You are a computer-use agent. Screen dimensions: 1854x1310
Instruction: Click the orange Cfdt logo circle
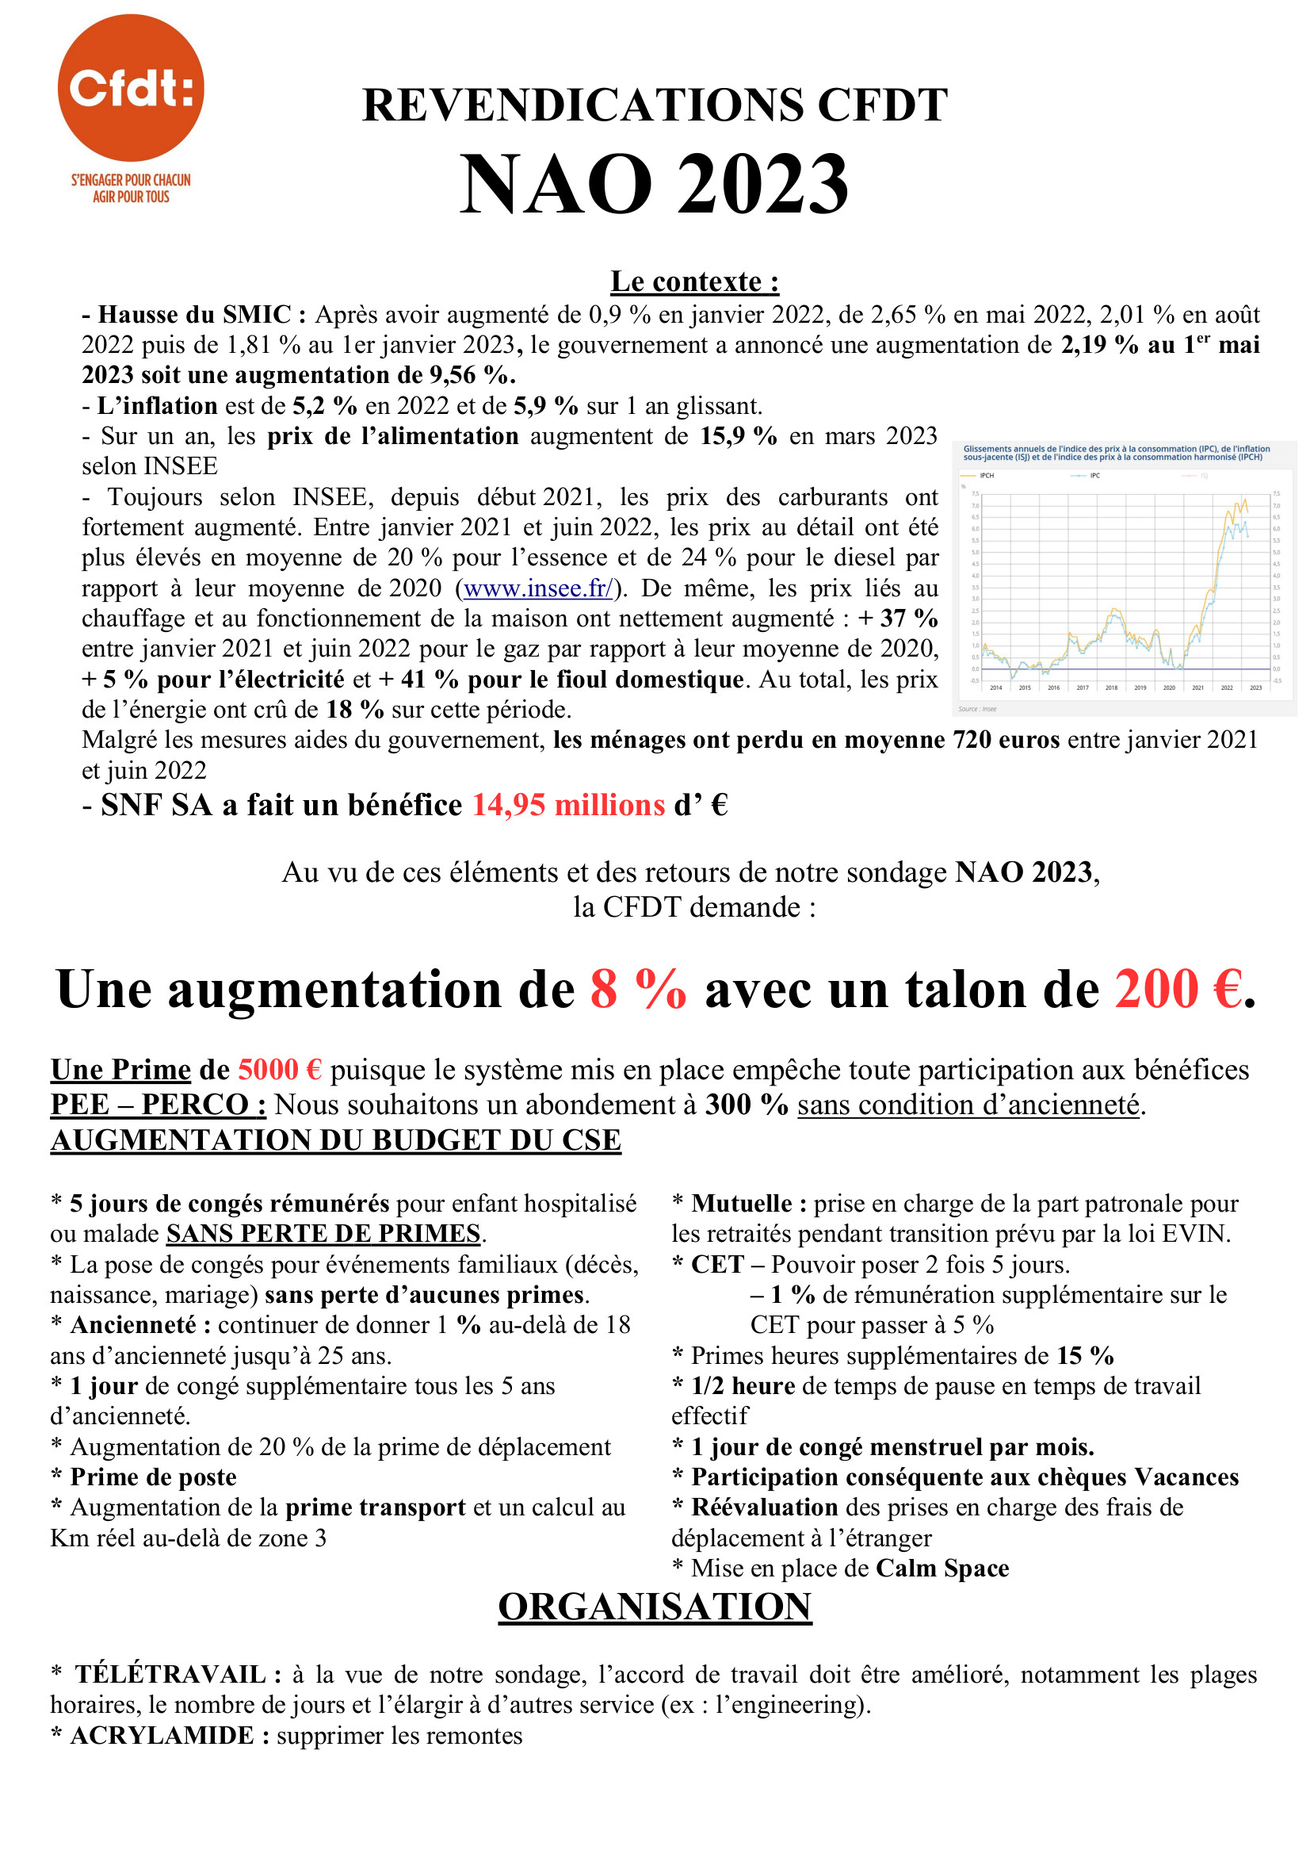point(131,87)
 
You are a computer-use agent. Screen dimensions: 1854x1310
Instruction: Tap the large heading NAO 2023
point(654,184)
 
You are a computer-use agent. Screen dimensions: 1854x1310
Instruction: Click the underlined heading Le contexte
point(694,281)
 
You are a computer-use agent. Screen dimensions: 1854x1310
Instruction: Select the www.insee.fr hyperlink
point(537,588)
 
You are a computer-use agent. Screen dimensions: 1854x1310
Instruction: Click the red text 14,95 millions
point(568,805)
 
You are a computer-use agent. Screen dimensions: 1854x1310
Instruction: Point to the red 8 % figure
point(638,989)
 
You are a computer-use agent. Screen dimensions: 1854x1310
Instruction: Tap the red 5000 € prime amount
point(279,1070)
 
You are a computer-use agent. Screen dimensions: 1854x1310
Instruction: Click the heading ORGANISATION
point(655,1606)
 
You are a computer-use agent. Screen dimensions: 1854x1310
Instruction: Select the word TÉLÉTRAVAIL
point(170,1674)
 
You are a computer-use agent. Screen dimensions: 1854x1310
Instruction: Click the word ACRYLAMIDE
point(162,1735)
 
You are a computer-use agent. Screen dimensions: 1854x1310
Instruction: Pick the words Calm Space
point(942,1569)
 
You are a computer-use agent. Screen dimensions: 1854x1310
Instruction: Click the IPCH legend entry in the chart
point(986,476)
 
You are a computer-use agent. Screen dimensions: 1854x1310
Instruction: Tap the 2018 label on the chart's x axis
point(1110,688)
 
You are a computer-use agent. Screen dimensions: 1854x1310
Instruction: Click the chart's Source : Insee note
point(976,709)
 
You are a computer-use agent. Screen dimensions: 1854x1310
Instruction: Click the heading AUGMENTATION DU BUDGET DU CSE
point(336,1140)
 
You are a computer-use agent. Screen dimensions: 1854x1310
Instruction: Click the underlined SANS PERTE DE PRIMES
point(323,1234)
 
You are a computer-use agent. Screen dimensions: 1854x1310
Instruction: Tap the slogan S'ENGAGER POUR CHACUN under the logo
point(131,180)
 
